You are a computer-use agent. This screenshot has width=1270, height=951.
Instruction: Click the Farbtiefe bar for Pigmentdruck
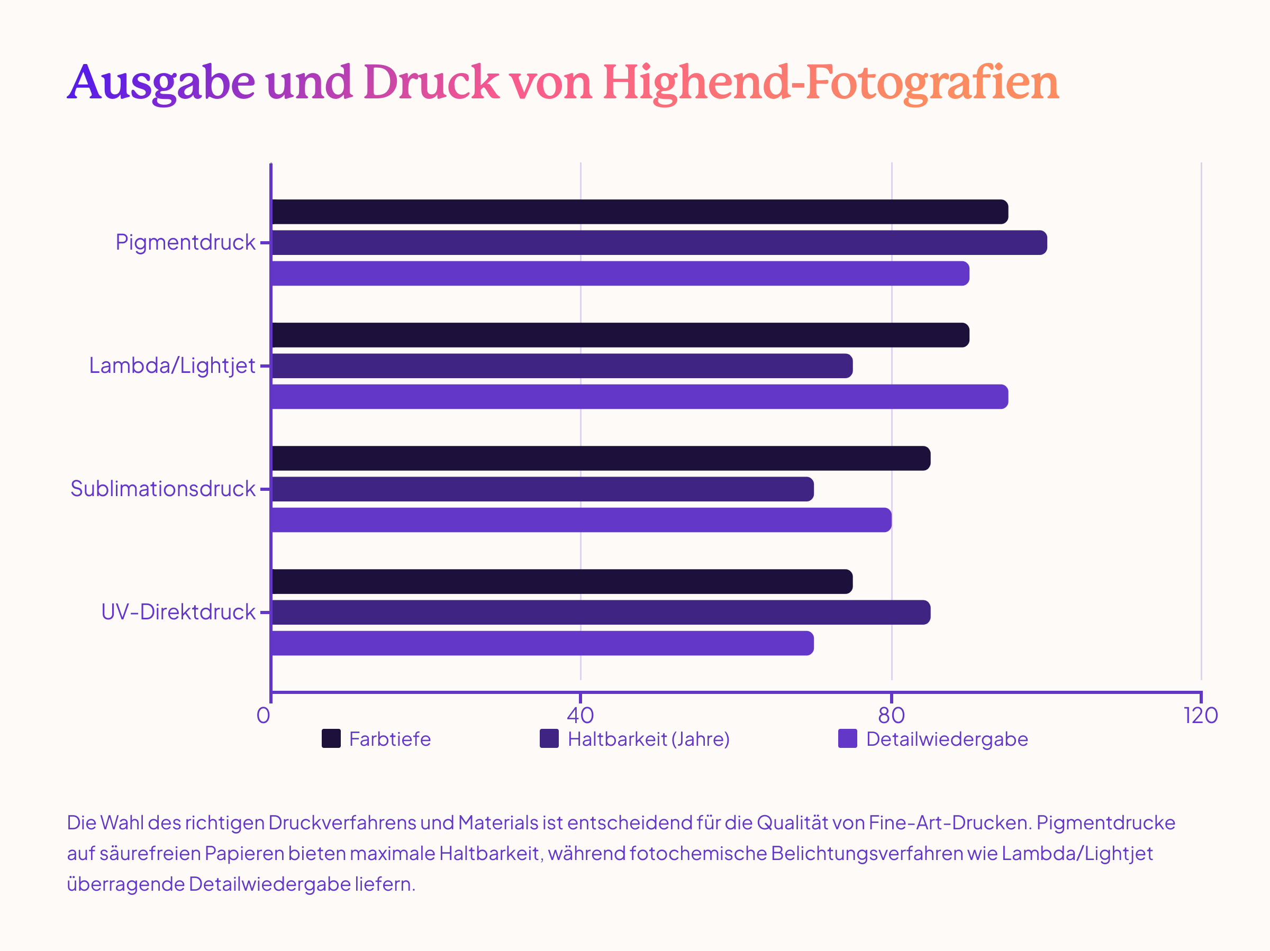[x=639, y=212]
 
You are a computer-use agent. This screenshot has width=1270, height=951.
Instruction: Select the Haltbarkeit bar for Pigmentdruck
[x=658, y=243]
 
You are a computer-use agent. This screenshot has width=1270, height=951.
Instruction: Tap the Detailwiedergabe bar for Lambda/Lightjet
[x=639, y=397]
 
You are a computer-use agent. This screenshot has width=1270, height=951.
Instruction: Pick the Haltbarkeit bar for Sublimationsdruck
[x=542, y=489]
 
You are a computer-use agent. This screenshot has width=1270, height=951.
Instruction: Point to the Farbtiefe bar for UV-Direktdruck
[x=561, y=581]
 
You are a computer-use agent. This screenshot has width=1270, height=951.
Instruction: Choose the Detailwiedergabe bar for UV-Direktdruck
[x=542, y=643]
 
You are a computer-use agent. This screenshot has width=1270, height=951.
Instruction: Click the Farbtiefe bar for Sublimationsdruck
[x=601, y=459]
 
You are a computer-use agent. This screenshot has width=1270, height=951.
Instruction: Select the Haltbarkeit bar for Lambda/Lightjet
[x=561, y=366]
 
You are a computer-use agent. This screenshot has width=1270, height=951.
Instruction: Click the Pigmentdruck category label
[x=185, y=243]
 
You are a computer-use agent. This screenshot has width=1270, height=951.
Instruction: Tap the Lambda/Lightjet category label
[x=171, y=366]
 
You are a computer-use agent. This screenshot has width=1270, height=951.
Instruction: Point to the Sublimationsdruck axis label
[x=162, y=489]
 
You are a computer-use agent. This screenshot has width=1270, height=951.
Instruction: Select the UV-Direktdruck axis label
[x=178, y=612]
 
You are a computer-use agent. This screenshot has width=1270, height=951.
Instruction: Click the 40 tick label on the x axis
[x=580, y=716]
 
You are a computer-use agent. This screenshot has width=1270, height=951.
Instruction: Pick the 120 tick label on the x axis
[x=1201, y=716]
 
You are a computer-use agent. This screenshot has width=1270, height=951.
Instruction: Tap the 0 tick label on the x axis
[x=264, y=716]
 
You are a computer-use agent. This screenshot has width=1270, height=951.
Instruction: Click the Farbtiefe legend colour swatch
[x=331, y=739]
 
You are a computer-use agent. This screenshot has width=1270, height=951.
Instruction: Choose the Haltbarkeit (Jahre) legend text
[x=648, y=739]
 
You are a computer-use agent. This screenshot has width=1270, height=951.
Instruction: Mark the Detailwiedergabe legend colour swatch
[x=847, y=739]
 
